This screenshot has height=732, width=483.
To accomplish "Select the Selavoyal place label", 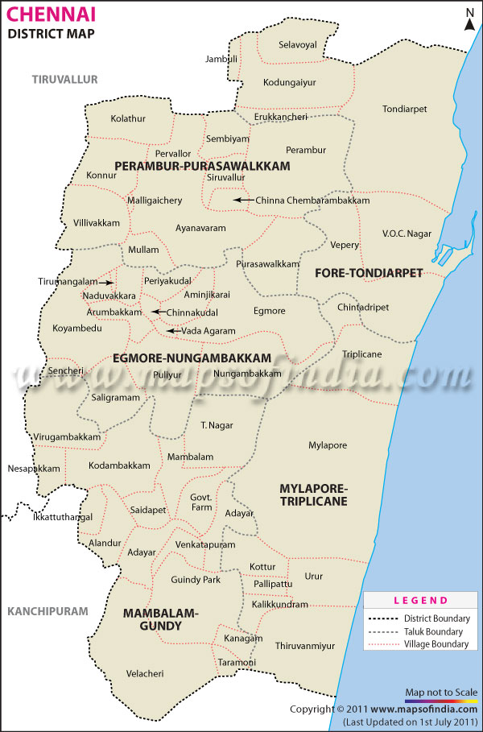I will pos(298,45).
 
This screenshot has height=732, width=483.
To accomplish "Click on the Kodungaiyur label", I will pos(290,82).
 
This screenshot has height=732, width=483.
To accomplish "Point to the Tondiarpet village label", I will pos(404,109).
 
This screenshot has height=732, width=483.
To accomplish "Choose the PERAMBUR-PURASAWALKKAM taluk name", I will pos(202,165).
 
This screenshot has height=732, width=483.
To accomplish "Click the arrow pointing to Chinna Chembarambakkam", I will pos(242,200).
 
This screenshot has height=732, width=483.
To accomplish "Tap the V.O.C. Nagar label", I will pos(407,234).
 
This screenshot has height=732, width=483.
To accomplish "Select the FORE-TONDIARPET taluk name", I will pos(368,273).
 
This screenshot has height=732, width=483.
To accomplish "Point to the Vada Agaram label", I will pos(208,331).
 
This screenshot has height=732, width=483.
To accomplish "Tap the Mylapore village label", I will pos(328,445).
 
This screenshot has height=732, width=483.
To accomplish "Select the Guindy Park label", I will pos(196,580).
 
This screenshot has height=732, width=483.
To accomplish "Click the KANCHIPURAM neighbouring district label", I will pos(47,612).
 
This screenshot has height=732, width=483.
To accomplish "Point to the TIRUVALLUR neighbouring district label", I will pos(64,79).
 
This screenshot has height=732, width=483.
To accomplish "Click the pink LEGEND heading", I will pos(420,601).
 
